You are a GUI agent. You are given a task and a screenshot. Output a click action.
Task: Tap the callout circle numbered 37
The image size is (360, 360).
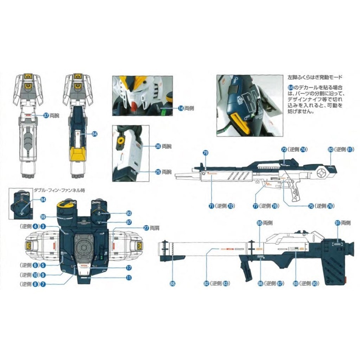[x=46, y=116]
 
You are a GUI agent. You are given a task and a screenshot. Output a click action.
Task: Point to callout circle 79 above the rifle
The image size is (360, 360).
[x=206, y=153]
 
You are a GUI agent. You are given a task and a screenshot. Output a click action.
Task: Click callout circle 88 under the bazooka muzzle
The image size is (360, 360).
[x=172, y=283]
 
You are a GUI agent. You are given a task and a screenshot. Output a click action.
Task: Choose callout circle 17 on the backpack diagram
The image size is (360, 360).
[x=129, y=268]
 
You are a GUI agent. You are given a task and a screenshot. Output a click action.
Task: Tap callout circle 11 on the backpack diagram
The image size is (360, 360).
[x=129, y=278]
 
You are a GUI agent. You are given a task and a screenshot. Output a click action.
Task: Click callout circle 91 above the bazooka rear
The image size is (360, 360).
[x=338, y=223]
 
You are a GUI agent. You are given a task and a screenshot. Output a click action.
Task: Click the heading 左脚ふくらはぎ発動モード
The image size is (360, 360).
[x=315, y=78]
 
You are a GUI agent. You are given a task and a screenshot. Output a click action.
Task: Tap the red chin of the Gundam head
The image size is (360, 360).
[x=134, y=105]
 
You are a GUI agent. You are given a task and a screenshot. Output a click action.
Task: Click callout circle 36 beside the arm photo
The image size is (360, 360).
[x=158, y=147]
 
